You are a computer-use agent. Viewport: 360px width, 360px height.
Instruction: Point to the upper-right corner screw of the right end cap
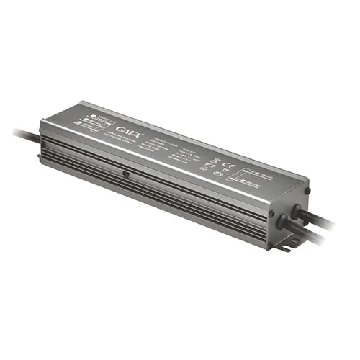tap(307, 190)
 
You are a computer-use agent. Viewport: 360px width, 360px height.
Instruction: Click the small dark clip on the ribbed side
tap(125, 174)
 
